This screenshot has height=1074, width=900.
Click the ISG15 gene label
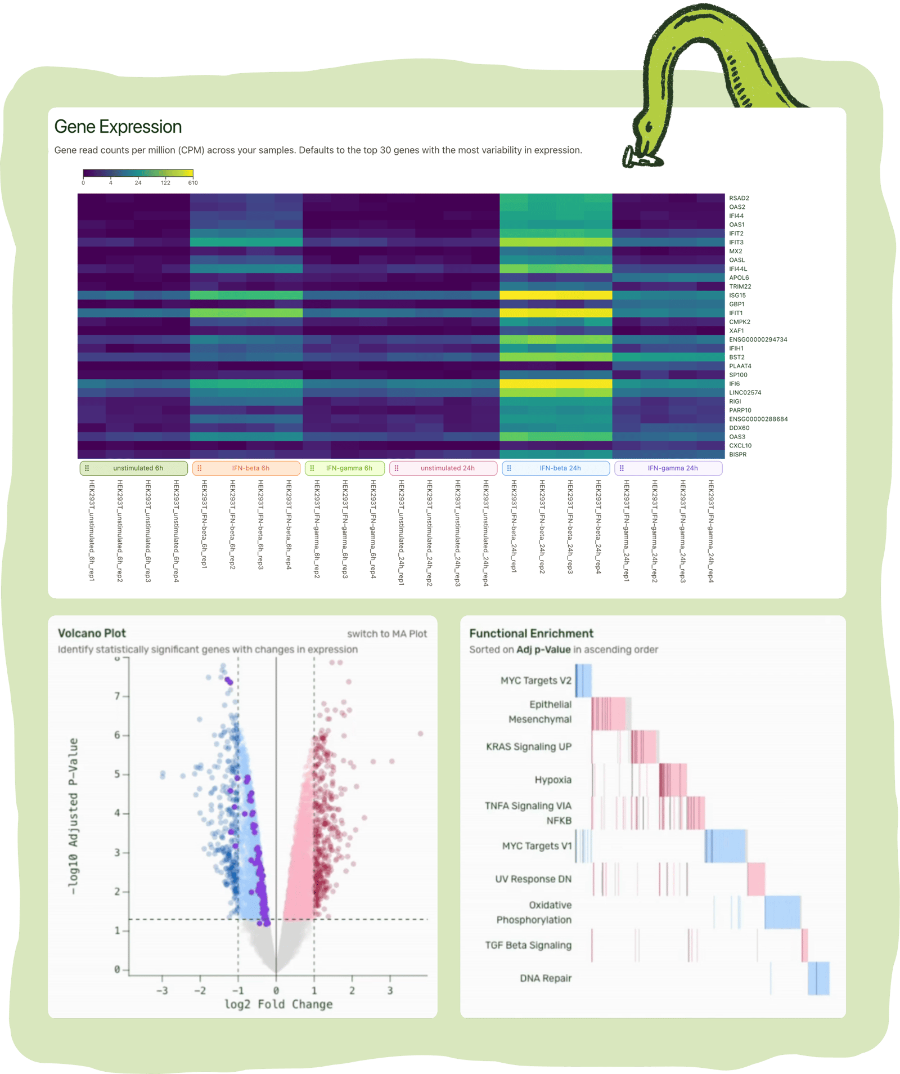click(x=737, y=296)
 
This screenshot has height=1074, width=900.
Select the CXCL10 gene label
click(x=740, y=446)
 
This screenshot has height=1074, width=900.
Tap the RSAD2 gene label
click(x=739, y=198)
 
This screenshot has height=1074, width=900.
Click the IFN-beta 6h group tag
click(x=246, y=468)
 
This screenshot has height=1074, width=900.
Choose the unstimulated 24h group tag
click(x=443, y=468)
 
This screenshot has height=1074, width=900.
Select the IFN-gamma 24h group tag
click(x=668, y=468)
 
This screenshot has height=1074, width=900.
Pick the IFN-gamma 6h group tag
click(x=345, y=468)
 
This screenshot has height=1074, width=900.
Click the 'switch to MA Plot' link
click(x=387, y=634)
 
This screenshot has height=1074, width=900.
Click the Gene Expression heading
click(x=118, y=127)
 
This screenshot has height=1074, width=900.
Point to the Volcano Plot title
click(x=92, y=633)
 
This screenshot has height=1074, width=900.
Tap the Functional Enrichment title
click(x=531, y=633)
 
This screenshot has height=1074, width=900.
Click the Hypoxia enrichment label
click(x=553, y=780)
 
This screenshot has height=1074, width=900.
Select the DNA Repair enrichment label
click(x=546, y=978)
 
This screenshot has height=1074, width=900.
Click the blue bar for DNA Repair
click(x=818, y=978)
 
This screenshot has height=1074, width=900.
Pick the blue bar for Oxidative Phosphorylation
click(x=782, y=912)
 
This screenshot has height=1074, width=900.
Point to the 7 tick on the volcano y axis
click(x=118, y=696)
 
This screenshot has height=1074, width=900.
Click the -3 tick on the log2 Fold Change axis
click(x=162, y=991)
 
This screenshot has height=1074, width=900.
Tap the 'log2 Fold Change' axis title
click(x=278, y=1004)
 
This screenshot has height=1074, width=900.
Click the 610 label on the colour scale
click(x=193, y=183)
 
